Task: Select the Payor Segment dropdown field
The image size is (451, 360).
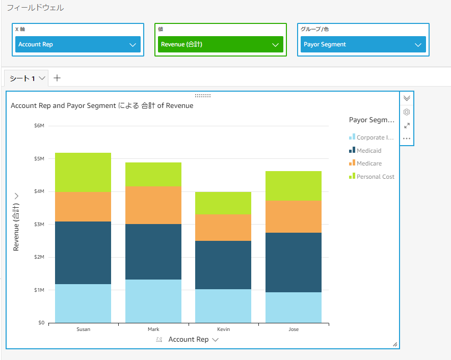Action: (363, 45)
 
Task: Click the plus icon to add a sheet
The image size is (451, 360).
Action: (57, 78)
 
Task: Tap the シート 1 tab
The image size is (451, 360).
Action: (22, 78)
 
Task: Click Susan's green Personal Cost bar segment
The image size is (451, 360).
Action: (83, 172)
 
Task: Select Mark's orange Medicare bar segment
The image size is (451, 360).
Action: (153, 205)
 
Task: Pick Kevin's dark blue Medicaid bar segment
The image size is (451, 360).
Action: (223, 265)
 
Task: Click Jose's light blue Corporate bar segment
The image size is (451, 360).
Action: (294, 307)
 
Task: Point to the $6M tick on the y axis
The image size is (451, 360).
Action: (39, 126)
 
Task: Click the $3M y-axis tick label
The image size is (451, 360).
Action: (39, 225)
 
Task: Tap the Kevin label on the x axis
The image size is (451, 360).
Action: (223, 329)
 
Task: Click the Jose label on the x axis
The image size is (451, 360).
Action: (294, 329)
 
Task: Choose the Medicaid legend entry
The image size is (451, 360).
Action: (368, 151)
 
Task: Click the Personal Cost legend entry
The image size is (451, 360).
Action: (375, 177)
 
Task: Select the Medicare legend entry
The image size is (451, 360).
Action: (369, 163)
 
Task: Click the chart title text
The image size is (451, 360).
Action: (102, 106)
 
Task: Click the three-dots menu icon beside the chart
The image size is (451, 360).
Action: (407, 139)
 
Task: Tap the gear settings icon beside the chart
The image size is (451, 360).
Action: (407, 112)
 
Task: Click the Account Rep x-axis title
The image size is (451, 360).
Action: (189, 340)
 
